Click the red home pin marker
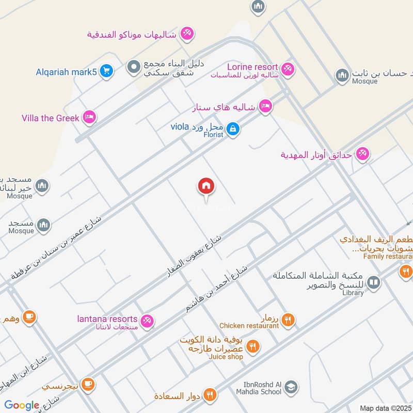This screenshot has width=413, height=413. [x=206, y=186]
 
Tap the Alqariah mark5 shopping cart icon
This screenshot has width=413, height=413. [x=106, y=71]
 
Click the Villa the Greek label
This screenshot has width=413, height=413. [x=51, y=118]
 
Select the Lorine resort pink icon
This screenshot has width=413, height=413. [x=288, y=68]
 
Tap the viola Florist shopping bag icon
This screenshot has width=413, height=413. [x=233, y=129]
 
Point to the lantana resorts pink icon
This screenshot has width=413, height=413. [x=147, y=321]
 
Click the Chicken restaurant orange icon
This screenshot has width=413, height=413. [x=288, y=320]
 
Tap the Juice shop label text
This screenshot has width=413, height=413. [x=225, y=357]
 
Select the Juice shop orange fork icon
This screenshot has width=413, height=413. [x=252, y=346]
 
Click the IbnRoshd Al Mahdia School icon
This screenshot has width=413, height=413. [x=291, y=387]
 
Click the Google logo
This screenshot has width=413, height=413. [x=22, y=406]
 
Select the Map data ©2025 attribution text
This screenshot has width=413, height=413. [x=385, y=408]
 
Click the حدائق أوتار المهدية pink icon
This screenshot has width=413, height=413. [x=363, y=154]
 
